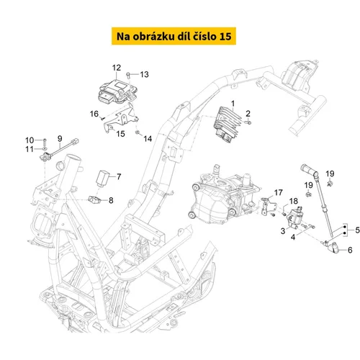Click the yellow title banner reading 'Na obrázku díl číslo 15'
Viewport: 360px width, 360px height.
pyautogui.click(x=174, y=36)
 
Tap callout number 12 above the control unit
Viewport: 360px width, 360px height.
pyautogui.click(x=117, y=68)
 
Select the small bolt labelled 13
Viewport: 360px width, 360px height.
pyautogui.click(x=129, y=75)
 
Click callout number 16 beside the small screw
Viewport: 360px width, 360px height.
pyautogui.click(x=94, y=114)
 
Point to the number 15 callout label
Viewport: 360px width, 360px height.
pyautogui.click(x=120, y=134)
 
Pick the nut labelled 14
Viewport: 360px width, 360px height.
pyautogui.click(x=138, y=132)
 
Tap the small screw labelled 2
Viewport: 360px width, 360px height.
pyautogui.click(x=248, y=122)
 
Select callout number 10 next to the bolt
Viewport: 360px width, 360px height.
pyautogui.click(x=30, y=140)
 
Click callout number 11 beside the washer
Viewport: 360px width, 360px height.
pyautogui.click(x=30, y=149)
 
